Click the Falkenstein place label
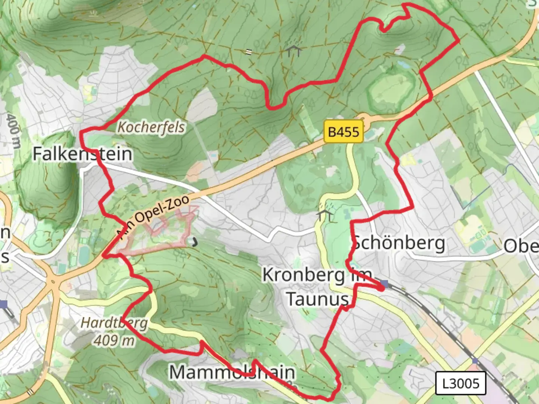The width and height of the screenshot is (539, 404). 82,154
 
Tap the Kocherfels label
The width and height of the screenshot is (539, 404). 151,127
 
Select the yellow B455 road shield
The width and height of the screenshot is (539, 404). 343,132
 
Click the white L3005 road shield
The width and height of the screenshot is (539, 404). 461,383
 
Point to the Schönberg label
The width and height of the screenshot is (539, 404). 399,244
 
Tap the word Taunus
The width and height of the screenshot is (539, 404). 317,299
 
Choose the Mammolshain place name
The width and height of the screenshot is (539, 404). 232,372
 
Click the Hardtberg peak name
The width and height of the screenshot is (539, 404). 114,323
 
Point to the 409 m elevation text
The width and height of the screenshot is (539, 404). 114,340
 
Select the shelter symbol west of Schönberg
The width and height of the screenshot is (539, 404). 325,215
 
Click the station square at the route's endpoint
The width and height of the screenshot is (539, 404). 384,284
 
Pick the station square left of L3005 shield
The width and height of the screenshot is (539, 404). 475,361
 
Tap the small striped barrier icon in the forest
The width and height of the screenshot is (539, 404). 249,52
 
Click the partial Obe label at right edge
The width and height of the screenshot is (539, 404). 521,247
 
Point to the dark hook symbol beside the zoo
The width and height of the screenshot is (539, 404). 194,242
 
